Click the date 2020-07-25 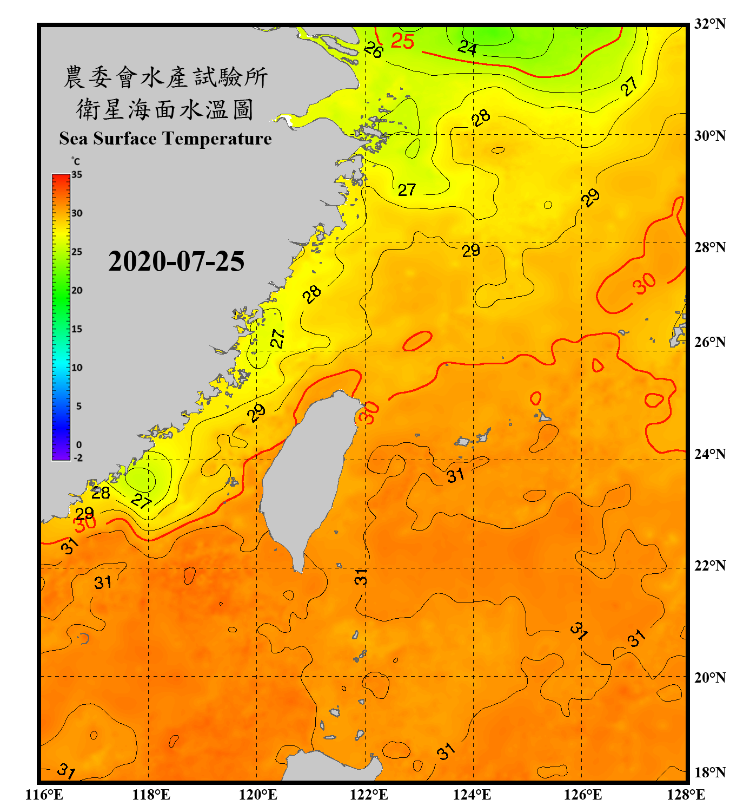[176, 261]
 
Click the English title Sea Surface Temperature [165, 139]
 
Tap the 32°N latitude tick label [709, 24]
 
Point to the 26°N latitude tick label [709, 342]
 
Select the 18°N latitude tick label [709, 772]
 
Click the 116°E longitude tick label [44, 795]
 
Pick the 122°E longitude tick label [369, 795]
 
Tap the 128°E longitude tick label [686, 795]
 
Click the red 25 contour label [402, 41]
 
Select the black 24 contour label [467, 48]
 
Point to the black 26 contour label [373, 50]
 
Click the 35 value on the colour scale [77, 175]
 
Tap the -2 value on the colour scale [78, 458]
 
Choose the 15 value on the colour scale [77, 329]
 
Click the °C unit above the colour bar [76, 161]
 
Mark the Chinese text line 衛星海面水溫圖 [165, 109]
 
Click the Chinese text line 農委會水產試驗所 [165, 77]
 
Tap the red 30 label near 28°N [645, 283]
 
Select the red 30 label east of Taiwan [369, 413]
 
